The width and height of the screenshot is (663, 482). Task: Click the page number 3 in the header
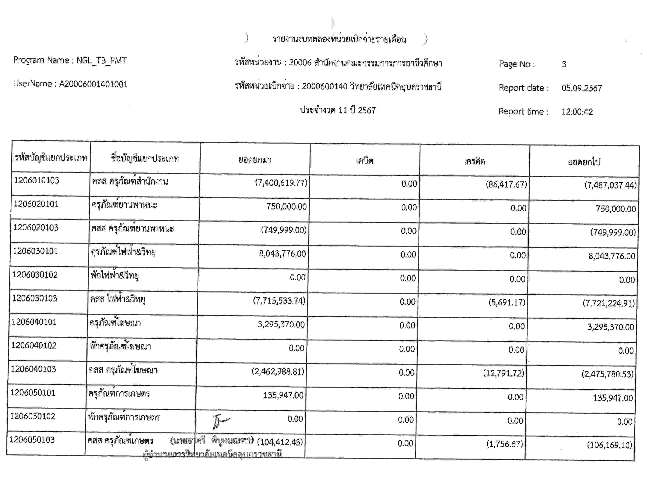(564, 64)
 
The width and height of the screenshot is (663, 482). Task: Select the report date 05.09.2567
(581, 88)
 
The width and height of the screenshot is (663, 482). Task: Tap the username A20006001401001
(93, 84)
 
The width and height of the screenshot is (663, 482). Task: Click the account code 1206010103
(37, 180)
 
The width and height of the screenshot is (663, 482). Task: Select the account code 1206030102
(35, 275)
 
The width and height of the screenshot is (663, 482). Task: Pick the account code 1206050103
(32, 440)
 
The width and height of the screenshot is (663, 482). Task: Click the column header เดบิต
(365, 160)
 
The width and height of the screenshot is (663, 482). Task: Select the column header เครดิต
(474, 161)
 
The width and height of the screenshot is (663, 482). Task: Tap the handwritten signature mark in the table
(220, 421)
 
